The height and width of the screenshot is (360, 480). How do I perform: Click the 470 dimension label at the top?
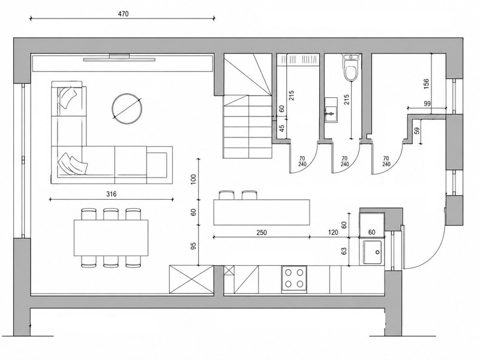coord(123,14)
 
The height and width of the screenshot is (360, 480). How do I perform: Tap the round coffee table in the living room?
coord(127,109)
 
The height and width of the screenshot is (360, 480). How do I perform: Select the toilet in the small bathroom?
coord(351,68)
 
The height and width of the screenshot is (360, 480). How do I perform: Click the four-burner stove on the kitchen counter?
coord(294,280)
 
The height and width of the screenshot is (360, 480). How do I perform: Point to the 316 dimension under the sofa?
coord(112,194)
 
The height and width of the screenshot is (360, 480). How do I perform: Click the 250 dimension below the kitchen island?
coord(262,233)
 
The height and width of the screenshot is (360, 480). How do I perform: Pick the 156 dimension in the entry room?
coord(426,84)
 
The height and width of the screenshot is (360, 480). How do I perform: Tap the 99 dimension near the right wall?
coord(427,103)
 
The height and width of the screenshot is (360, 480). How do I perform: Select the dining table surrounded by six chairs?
coord(111,238)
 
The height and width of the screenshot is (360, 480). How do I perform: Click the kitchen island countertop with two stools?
coord(262,212)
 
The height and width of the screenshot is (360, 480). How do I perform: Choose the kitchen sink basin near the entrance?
coord(372,252)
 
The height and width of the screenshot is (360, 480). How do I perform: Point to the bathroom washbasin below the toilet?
coord(331,110)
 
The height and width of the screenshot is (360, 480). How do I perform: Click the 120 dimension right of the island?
coord(333,233)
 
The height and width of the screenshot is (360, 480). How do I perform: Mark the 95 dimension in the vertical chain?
coord(193,246)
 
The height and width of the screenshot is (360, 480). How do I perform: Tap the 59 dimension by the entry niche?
coord(416,131)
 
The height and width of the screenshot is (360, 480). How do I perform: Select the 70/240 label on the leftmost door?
coord(302,161)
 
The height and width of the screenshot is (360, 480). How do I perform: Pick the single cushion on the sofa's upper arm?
coord(67,97)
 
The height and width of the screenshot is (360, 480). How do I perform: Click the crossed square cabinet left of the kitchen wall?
coord(191,279)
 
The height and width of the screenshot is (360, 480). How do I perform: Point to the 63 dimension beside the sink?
coord(344,251)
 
